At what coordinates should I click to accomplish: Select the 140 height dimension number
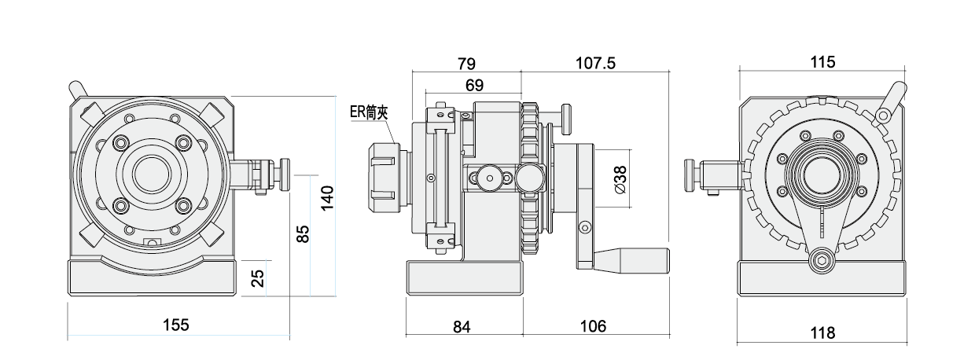[x=328, y=197]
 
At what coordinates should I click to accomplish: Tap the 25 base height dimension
[x=257, y=277]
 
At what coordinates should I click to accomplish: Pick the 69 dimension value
[x=474, y=84]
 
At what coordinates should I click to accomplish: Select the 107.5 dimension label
[x=595, y=63]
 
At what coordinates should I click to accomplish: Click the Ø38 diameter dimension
[x=619, y=180]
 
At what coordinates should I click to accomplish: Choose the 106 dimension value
[x=594, y=325]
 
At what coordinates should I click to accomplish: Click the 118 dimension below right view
[x=822, y=333]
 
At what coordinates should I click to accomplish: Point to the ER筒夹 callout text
[x=370, y=112]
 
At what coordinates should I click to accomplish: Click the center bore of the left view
[x=152, y=174]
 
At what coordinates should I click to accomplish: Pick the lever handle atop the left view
[x=78, y=89]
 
